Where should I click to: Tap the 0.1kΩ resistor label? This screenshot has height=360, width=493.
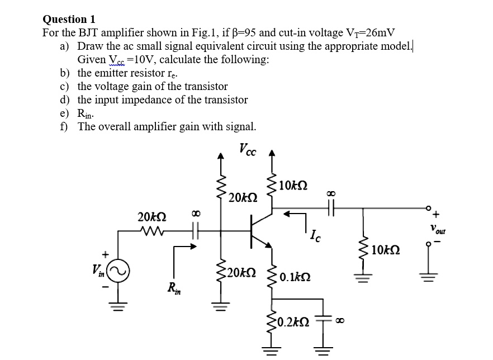tap(296, 276)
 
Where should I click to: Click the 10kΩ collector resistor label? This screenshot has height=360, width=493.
tap(292, 185)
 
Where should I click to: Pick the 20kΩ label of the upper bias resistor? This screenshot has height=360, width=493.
tap(243, 197)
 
